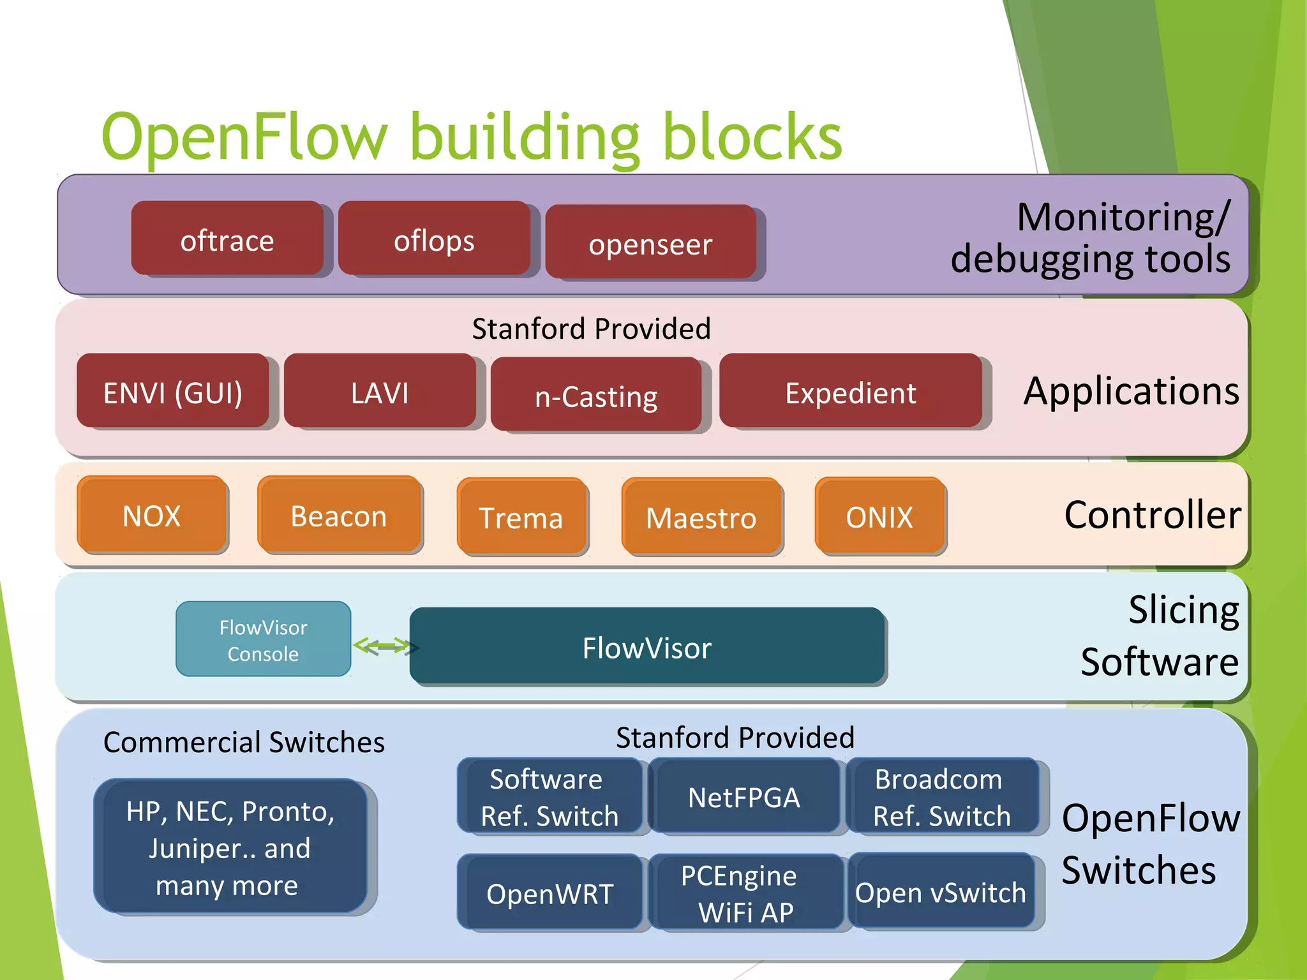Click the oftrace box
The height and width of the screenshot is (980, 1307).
point(227,239)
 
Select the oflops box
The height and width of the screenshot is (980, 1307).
point(434,239)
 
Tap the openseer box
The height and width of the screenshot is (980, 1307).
point(651,242)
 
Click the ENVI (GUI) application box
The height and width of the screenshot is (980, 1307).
point(173,391)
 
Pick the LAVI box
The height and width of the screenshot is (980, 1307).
point(380,391)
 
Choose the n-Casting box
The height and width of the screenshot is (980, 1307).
point(596,395)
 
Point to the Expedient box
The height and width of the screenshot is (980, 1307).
point(851,391)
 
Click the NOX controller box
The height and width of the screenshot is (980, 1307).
point(152,515)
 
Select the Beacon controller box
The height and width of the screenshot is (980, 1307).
point(339,515)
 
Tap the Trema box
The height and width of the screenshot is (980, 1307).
point(521,517)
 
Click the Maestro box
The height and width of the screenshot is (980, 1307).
point(701,517)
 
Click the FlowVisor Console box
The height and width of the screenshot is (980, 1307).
point(263,639)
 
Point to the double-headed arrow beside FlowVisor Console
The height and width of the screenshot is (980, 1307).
point(382,646)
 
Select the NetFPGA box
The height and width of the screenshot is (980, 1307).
point(744,796)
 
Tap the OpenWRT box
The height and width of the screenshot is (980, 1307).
point(550,893)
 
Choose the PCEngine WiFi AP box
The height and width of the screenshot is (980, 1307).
point(745,893)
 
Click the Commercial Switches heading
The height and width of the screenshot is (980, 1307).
point(244,742)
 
